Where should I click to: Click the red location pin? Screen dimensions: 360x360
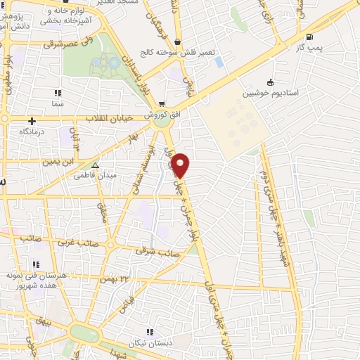181,165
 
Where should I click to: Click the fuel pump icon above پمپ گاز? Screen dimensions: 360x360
310,37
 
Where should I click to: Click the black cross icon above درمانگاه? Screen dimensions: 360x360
32,121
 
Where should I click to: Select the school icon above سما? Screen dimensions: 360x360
57,93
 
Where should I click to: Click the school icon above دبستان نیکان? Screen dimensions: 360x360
148,331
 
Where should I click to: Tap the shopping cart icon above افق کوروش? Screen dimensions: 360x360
162,105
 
